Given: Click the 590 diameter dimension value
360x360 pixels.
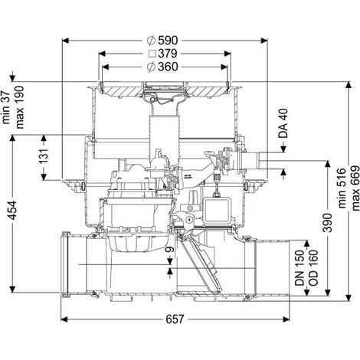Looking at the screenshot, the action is [x=168, y=41].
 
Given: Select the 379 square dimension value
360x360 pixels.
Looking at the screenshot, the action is [x=168, y=54].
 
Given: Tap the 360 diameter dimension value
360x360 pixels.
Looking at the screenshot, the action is [x=168, y=67].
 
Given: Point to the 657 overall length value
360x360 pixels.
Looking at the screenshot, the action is [x=175, y=319].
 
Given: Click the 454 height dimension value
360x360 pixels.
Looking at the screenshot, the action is [x=12, y=211].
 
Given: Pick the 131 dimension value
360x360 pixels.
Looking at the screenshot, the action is [x=44, y=157].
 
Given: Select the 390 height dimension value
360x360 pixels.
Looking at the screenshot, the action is [x=327, y=223].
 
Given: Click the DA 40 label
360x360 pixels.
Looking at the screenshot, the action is [x=283, y=123].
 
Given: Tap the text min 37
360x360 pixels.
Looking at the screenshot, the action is [x=6, y=107].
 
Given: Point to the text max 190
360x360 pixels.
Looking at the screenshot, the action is [x=19, y=107].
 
